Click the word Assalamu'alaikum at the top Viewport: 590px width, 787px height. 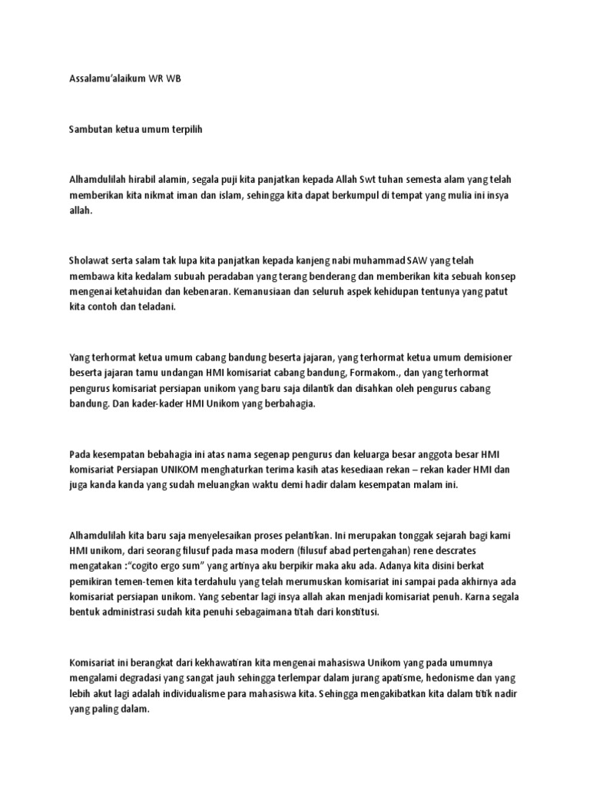(101, 78)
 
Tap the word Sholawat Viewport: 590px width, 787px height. (90, 261)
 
